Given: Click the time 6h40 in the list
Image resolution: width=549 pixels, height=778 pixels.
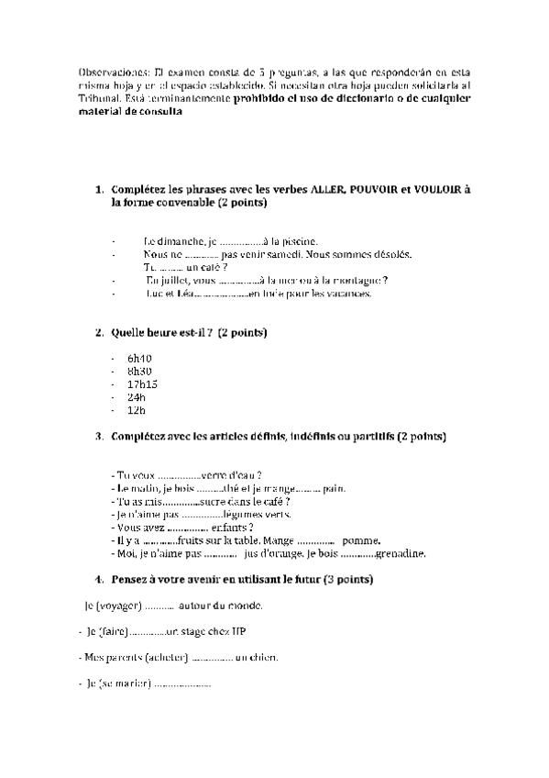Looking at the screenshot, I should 139,357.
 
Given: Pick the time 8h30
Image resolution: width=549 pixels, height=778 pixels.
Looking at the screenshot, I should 139,370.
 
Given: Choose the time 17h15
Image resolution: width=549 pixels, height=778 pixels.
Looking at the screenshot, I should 143,383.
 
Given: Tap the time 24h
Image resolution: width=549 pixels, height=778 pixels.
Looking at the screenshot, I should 137,397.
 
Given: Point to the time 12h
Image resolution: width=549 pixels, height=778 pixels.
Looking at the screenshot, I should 137,410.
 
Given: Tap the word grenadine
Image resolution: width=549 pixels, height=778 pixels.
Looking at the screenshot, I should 401,554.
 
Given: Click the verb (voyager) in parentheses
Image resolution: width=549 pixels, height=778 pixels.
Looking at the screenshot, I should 119,606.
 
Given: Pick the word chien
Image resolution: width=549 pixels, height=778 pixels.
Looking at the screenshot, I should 265,658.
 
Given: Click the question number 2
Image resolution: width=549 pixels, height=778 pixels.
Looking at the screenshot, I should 99,331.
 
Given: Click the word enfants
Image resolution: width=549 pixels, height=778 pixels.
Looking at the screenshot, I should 232,528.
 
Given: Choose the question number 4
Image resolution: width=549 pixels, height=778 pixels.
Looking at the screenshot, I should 99,581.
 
